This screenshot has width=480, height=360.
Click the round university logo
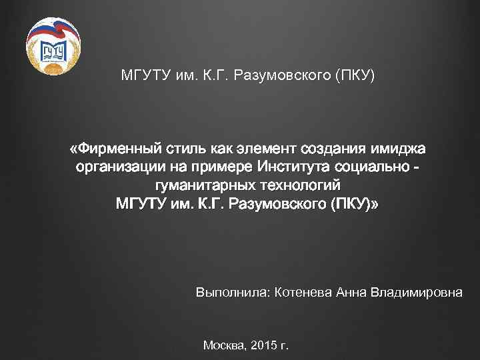click(53, 47)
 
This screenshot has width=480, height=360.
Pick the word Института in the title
click(282, 167)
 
